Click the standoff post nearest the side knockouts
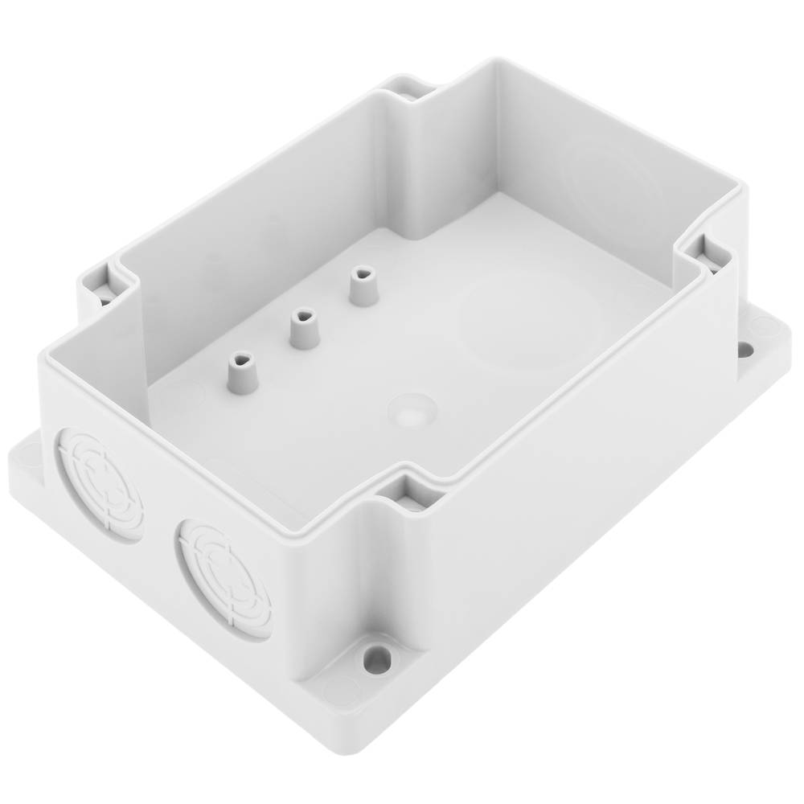[241, 373]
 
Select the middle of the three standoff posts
[304, 328]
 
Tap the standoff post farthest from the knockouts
[363, 286]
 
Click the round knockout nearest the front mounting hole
[224, 577]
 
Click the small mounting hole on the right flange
[745, 350]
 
